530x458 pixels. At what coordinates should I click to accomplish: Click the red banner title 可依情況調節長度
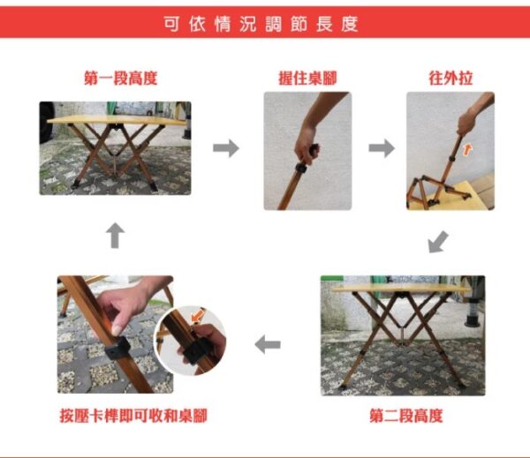[x=261, y=24]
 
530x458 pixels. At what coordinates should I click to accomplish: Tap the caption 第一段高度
[x=121, y=78]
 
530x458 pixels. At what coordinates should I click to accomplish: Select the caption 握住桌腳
[x=307, y=78]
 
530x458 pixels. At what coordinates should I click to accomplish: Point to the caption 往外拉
[x=450, y=78]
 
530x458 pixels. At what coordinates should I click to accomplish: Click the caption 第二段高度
[x=406, y=416]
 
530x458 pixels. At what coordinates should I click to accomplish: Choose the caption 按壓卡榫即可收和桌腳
[x=133, y=416]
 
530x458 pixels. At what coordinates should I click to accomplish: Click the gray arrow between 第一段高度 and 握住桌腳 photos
[x=226, y=148]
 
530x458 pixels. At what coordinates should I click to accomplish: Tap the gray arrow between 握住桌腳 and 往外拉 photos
[x=382, y=148]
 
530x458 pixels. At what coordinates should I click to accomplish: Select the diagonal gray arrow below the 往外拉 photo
[x=438, y=242]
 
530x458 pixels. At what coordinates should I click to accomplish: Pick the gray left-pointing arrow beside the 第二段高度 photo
[x=268, y=344]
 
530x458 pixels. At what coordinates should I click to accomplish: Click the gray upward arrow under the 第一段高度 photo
[x=115, y=236]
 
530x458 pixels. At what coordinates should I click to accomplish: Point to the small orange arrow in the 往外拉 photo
[x=467, y=149]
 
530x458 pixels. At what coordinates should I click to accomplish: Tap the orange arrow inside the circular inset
[x=198, y=316]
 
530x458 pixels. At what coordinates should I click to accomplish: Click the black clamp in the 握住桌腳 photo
[x=301, y=169]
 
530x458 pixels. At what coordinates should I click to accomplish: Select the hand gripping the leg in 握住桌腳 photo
[x=306, y=146]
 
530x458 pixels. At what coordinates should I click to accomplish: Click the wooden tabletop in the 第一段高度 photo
[x=117, y=119]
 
